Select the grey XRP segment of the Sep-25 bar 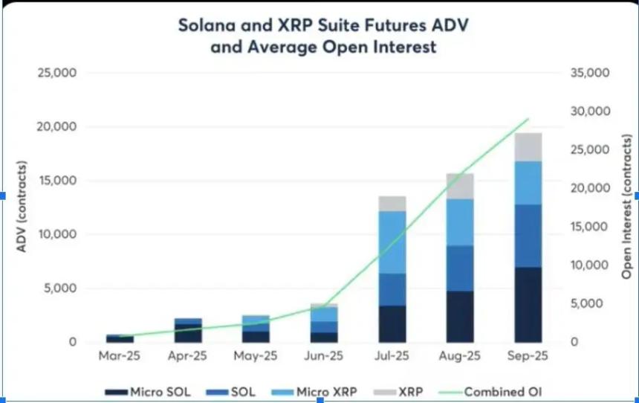click(x=528, y=146)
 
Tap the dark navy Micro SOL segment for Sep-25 click(x=528, y=305)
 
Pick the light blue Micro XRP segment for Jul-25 click(x=392, y=242)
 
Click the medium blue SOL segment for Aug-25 click(x=460, y=268)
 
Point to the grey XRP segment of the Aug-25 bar click(x=460, y=186)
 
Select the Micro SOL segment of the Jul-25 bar click(x=392, y=323)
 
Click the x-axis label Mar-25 click(x=120, y=356)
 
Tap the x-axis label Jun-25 click(x=324, y=356)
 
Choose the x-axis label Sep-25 click(x=528, y=356)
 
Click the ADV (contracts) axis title click(x=22, y=204)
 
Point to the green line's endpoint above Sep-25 click(x=528, y=118)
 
